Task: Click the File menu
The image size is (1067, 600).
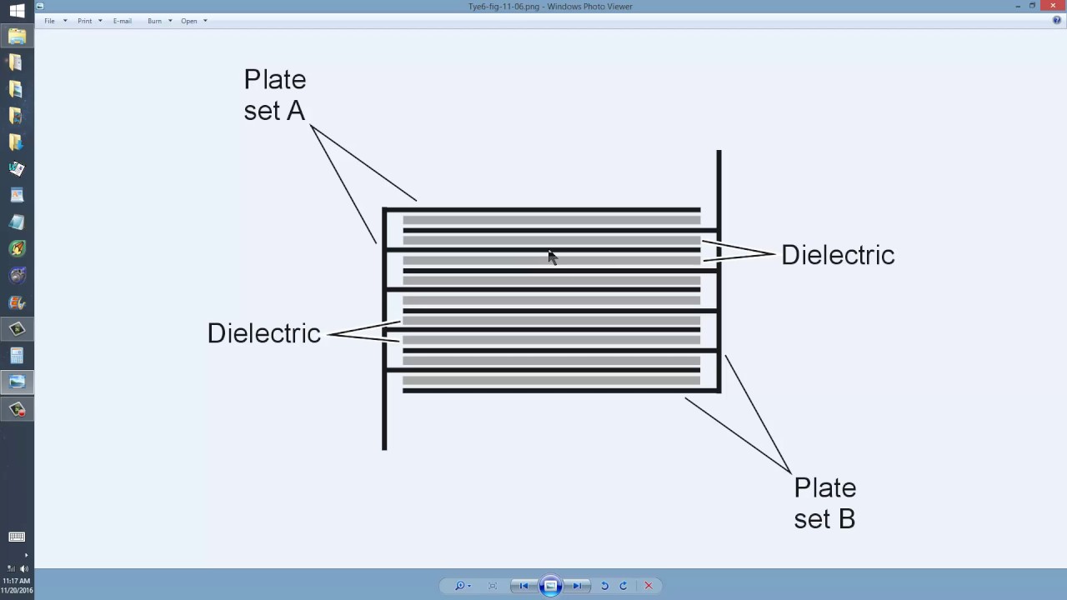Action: pos(50,21)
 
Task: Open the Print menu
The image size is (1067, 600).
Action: pos(85,21)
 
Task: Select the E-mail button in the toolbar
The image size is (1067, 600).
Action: pos(123,21)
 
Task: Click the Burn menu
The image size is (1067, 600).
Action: pos(155,21)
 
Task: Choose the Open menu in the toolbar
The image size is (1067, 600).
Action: pos(189,21)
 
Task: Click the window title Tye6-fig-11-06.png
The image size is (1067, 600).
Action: pos(550,6)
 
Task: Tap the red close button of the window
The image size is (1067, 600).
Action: pos(1053,6)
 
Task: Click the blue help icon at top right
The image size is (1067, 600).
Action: pos(1057,21)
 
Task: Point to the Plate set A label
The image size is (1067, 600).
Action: pos(275,95)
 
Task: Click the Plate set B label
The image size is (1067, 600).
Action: pos(824,502)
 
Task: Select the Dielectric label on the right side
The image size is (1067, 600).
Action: pos(838,255)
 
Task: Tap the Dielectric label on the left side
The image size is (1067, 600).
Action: pos(263,333)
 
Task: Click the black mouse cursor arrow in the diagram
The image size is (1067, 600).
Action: pos(552,257)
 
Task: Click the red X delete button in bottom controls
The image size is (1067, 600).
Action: pos(648,586)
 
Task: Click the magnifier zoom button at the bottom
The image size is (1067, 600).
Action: pos(460,586)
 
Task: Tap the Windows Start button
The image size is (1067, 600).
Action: pos(17,11)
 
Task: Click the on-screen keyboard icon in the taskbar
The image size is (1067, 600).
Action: pos(17,537)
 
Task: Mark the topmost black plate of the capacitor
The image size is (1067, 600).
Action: pos(542,210)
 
